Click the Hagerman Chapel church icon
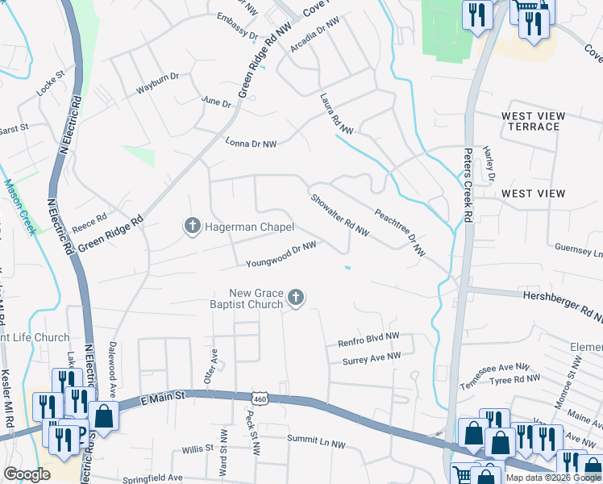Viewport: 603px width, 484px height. [x=192, y=227]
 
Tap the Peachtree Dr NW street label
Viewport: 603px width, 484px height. [x=399, y=232]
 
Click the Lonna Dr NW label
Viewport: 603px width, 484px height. [x=251, y=143]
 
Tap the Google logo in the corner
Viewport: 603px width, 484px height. [x=27, y=474]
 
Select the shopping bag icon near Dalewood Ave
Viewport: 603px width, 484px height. [x=104, y=416]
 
